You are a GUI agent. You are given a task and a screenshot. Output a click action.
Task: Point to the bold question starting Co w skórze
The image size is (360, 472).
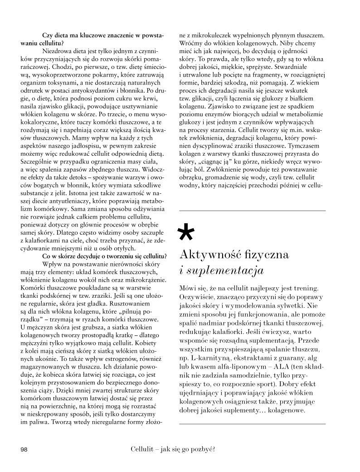(x=104, y=256)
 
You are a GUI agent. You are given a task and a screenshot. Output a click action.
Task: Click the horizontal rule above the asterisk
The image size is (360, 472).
(x=253, y=211)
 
